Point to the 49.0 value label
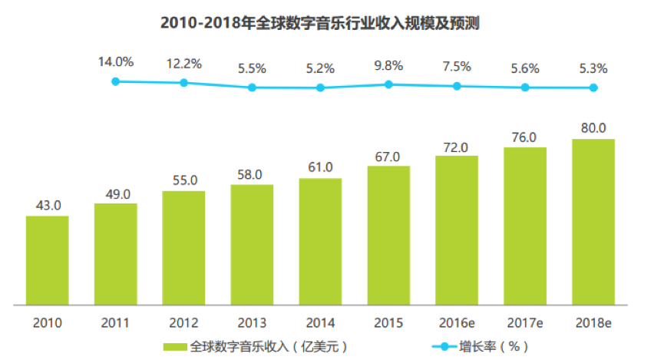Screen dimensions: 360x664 [115, 193]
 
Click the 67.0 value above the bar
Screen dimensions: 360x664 [388, 156]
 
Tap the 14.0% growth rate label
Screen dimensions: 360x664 [115, 61]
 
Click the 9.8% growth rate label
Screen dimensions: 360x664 [388, 68]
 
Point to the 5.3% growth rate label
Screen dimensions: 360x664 [593, 68]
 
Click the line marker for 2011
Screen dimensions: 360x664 [115, 81]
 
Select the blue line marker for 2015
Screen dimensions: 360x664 [388, 84]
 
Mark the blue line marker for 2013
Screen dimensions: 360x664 [252, 88]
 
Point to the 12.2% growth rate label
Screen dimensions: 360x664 [183, 64]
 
